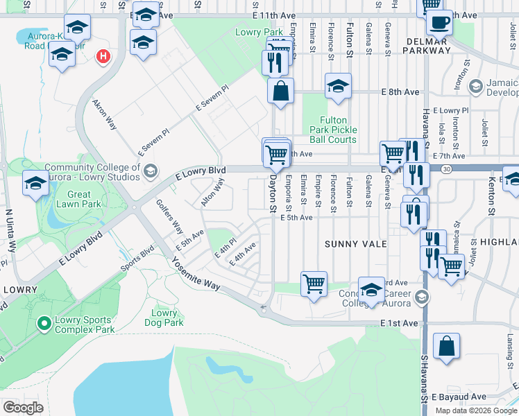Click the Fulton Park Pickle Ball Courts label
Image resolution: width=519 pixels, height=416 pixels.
[338, 130]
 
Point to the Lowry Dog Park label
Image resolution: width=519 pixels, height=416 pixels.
[164, 318]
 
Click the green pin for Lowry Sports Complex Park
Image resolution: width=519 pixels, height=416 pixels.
[44, 323]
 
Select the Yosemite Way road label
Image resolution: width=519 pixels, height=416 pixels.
[196, 276]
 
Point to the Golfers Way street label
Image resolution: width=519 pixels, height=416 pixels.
[170, 217]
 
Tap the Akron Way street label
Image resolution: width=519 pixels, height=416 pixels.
[105, 114]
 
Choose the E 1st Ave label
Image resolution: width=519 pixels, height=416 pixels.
[400, 323]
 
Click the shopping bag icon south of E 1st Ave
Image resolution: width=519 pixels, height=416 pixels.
[447, 347]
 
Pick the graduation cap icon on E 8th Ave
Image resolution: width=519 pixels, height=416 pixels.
[338, 87]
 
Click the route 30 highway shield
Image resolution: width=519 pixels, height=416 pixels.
[445, 168]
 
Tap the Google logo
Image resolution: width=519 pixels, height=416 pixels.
[23, 408]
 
